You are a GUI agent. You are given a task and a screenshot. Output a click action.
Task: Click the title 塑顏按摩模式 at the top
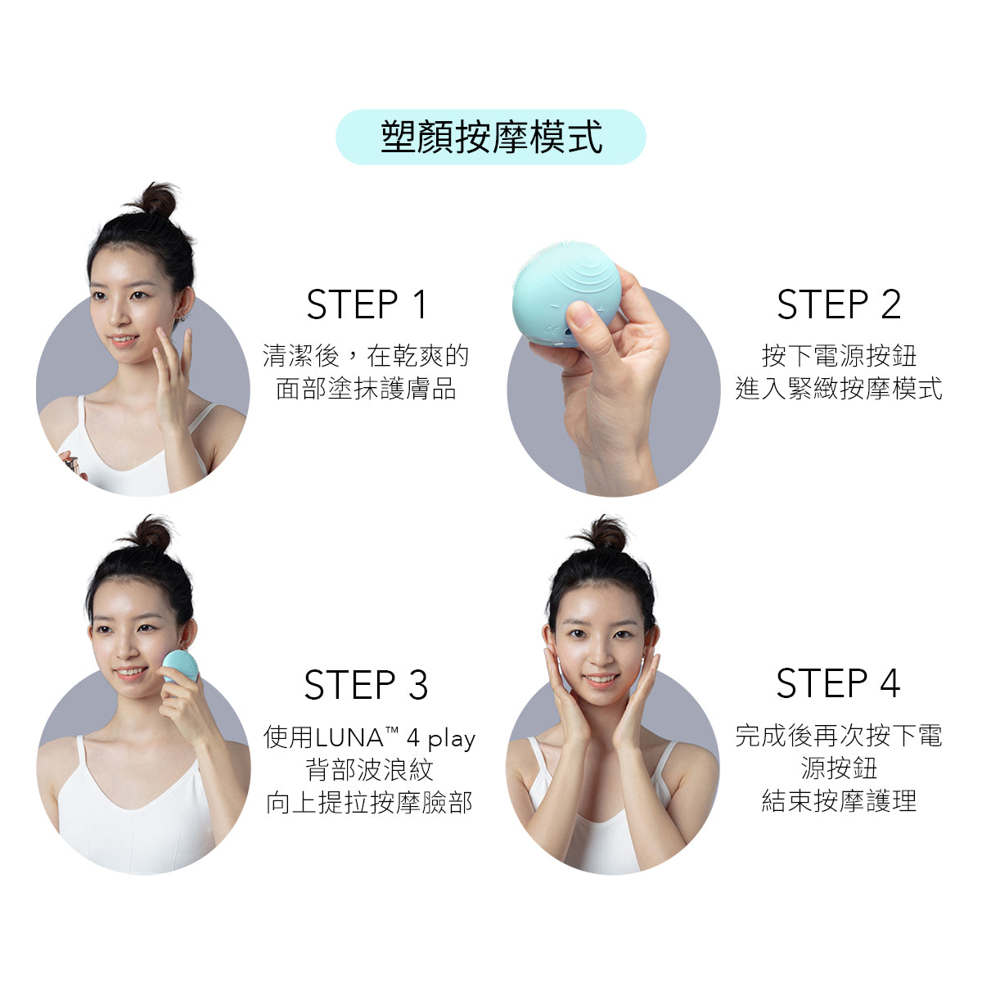492,137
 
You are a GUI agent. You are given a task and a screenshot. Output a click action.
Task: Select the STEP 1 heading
367,304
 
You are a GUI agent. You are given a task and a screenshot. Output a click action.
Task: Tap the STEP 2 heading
839,304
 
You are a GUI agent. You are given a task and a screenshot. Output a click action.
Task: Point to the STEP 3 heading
366,684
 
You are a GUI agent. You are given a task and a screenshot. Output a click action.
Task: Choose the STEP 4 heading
838,682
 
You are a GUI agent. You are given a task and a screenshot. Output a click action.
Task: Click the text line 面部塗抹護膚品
366,389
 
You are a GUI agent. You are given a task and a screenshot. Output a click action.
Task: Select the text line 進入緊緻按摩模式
839,389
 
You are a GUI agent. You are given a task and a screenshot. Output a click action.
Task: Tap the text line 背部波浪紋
369,769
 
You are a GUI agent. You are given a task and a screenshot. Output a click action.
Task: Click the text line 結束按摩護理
839,800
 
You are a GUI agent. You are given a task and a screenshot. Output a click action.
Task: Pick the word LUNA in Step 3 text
349,737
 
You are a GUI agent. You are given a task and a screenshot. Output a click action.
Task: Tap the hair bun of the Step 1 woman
155,199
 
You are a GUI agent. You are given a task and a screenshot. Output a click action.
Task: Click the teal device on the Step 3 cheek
180,665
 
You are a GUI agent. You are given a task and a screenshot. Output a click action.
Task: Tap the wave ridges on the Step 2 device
586,276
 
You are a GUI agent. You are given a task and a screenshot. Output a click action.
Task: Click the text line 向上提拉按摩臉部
369,802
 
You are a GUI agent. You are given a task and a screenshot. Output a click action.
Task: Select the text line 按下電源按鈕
839,355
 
